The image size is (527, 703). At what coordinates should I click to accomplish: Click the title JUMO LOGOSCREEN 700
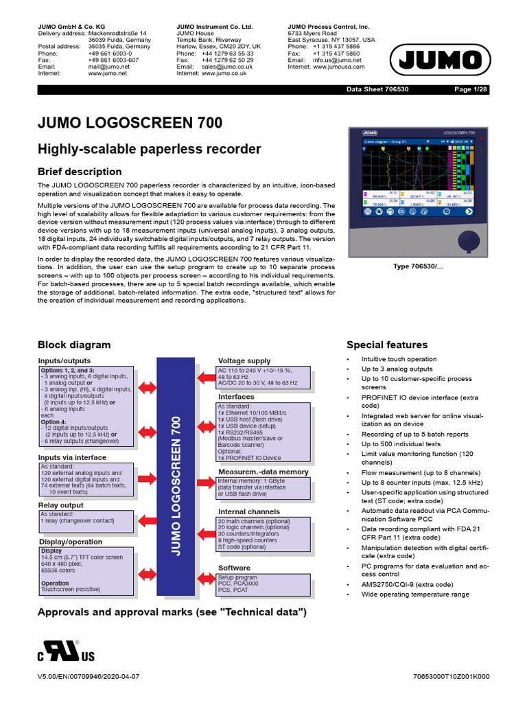130,123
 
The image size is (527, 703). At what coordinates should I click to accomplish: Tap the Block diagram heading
73,345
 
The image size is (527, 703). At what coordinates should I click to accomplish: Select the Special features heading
387,345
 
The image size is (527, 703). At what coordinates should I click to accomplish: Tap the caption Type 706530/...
419,266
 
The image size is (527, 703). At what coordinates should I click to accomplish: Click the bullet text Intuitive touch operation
399,359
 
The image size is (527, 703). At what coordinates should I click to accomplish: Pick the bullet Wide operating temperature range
415,595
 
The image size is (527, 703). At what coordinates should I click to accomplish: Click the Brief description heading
80,172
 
